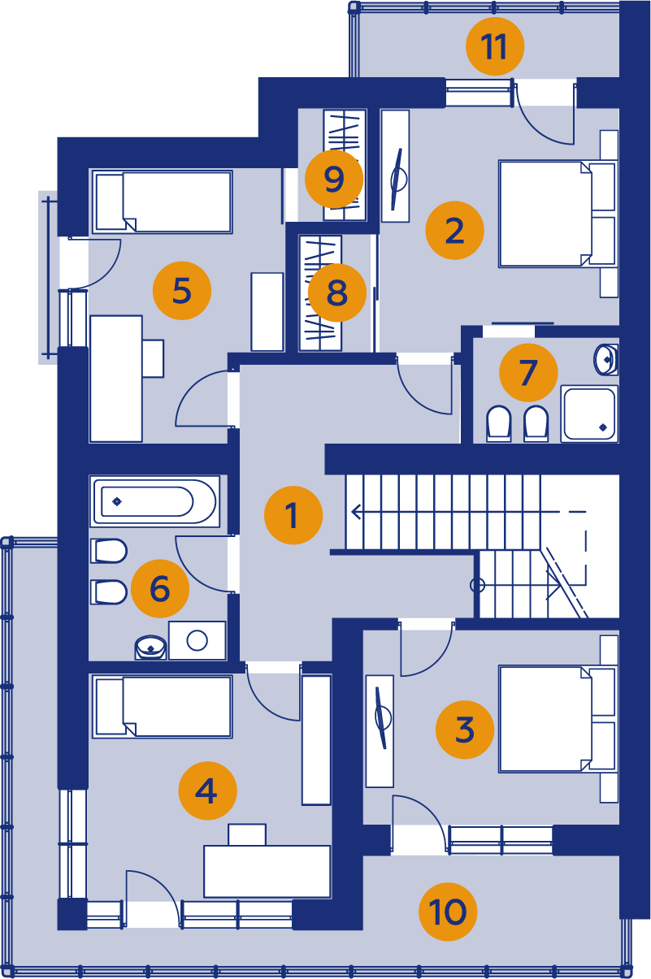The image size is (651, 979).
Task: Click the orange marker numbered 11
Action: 494,46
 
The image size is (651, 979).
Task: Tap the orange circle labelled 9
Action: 334,179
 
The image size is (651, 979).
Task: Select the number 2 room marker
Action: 454,230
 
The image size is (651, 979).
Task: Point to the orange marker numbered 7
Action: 528,372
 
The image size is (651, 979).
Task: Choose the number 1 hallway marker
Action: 293,515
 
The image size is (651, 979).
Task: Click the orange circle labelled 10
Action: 448,912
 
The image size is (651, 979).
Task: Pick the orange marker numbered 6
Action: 160,588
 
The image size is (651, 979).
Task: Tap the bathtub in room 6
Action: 154,501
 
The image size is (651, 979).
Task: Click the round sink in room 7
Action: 605,359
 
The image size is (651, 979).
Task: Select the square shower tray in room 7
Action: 589,414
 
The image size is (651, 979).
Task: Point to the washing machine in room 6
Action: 197,640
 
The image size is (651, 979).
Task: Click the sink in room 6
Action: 150,647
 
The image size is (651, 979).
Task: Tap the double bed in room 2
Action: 558,214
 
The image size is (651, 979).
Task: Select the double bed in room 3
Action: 558,719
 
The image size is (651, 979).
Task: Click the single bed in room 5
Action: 163,202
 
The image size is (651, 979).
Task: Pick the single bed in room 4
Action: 163,707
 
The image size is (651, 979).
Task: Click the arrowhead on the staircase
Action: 356,511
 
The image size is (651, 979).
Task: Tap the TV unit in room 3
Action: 380,730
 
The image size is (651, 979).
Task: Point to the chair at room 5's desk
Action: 153,358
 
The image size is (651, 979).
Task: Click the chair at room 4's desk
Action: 247,834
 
